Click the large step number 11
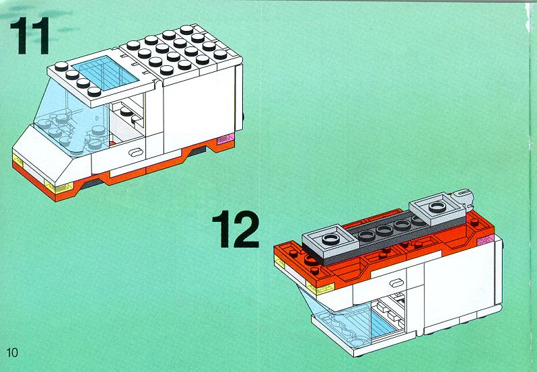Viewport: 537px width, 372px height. [30, 36]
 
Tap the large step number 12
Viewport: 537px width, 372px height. [236, 229]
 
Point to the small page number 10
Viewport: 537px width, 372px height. [12, 352]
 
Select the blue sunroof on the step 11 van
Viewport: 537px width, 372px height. [106, 73]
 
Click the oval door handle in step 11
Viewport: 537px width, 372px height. [137, 152]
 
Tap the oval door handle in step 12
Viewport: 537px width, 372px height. [398, 283]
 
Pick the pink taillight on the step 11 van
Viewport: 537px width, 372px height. [226, 139]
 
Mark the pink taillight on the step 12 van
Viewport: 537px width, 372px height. [486, 240]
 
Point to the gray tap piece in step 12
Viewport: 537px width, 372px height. [462, 197]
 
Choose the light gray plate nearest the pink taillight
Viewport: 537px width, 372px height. [437, 208]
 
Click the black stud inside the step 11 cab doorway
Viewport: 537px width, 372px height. [127, 112]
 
